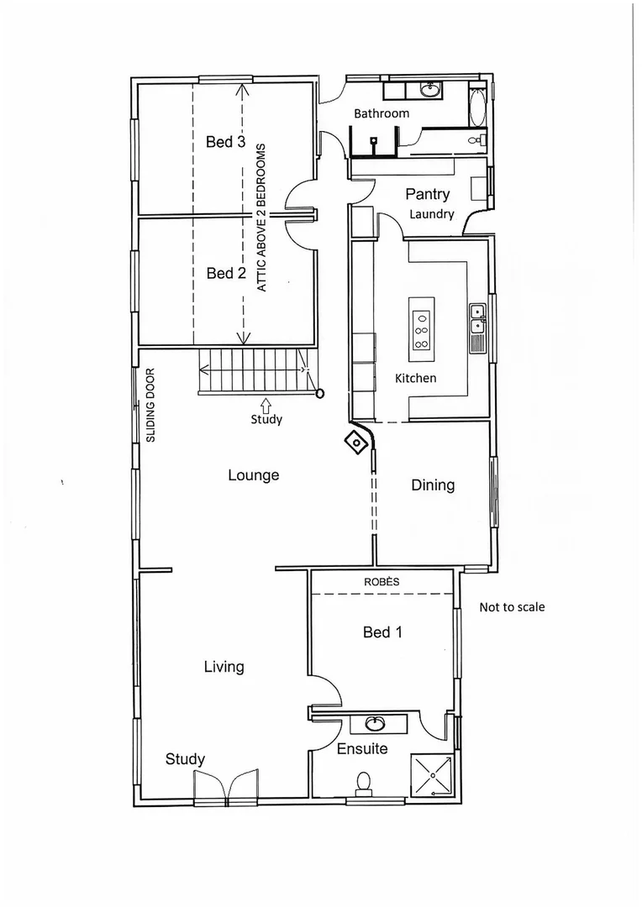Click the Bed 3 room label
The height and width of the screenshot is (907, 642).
click(x=225, y=142)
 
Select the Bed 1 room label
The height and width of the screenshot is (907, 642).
click(x=382, y=632)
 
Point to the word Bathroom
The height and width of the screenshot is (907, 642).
click(x=382, y=113)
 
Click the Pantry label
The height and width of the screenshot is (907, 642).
click(x=428, y=194)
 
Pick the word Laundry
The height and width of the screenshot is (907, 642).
click(x=432, y=214)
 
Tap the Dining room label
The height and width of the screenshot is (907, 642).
click(x=433, y=485)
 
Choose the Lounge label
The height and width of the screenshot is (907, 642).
click(x=254, y=475)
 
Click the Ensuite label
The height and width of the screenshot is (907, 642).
click(x=362, y=747)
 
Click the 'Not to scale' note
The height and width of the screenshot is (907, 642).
click(x=512, y=606)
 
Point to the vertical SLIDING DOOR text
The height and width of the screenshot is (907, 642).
click(x=152, y=405)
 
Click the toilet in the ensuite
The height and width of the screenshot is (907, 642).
click(x=364, y=782)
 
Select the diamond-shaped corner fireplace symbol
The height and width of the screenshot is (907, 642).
click(x=357, y=442)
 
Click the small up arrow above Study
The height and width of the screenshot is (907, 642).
click(x=266, y=406)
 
